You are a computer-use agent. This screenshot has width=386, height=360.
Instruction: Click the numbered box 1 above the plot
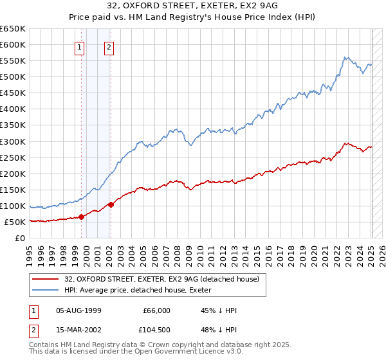click(79, 46)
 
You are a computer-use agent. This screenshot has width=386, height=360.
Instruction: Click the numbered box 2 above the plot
click(109, 46)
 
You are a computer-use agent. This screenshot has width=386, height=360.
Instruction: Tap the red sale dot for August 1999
click(82, 217)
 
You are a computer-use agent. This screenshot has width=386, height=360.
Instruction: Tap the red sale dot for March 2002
click(111, 204)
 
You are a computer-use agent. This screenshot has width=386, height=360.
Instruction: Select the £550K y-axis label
click(13, 61)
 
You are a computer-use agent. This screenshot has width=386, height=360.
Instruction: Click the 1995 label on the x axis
click(30, 250)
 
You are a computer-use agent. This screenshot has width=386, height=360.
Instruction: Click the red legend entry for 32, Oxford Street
click(161, 279)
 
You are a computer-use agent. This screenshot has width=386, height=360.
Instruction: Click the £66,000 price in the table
click(156, 310)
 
